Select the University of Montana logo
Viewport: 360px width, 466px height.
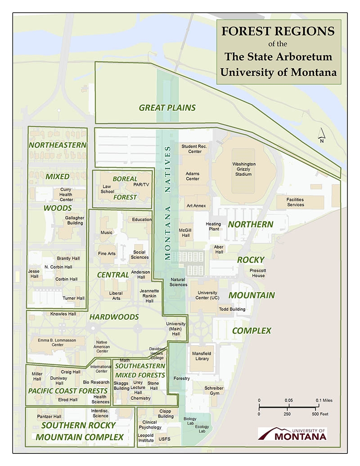[292, 434]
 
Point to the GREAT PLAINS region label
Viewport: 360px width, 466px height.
[167, 108]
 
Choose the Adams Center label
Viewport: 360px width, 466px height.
[193, 176]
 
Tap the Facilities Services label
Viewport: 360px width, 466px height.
[296, 202]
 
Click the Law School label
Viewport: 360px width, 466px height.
[108, 189]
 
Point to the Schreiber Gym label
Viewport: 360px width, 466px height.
[214, 390]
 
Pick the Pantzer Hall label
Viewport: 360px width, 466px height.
[49, 416]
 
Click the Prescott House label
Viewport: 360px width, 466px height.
[258, 273]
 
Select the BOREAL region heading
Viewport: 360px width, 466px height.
[125, 179]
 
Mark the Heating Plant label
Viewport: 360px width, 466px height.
[213, 226]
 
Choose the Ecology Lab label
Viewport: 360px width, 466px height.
[202, 429]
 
